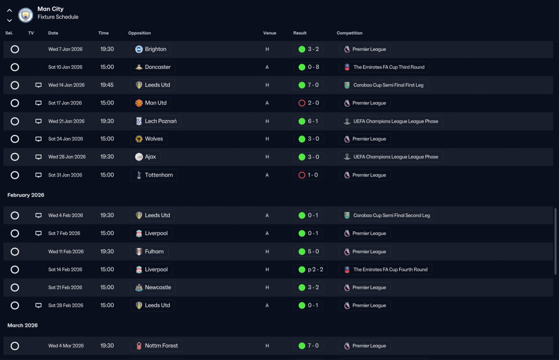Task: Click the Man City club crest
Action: click(x=25, y=15)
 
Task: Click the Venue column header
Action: click(x=269, y=33)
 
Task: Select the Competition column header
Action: click(x=349, y=33)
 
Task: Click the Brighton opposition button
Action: click(x=151, y=49)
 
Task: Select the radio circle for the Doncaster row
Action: click(x=15, y=67)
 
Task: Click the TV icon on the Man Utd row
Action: click(x=38, y=103)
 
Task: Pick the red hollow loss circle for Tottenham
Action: click(x=302, y=175)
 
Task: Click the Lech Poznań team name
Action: click(x=161, y=121)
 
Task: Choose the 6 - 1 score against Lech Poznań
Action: click(x=313, y=121)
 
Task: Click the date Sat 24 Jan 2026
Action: click(x=66, y=139)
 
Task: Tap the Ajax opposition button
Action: click(x=145, y=157)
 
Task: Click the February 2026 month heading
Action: click(x=26, y=195)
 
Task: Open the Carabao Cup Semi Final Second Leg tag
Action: click(x=386, y=216)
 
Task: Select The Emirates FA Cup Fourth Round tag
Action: click(x=386, y=270)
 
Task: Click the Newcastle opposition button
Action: click(x=153, y=288)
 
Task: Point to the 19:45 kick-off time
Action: click(x=107, y=85)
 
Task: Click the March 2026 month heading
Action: click(x=22, y=326)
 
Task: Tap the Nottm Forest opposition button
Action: click(x=156, y=346)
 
